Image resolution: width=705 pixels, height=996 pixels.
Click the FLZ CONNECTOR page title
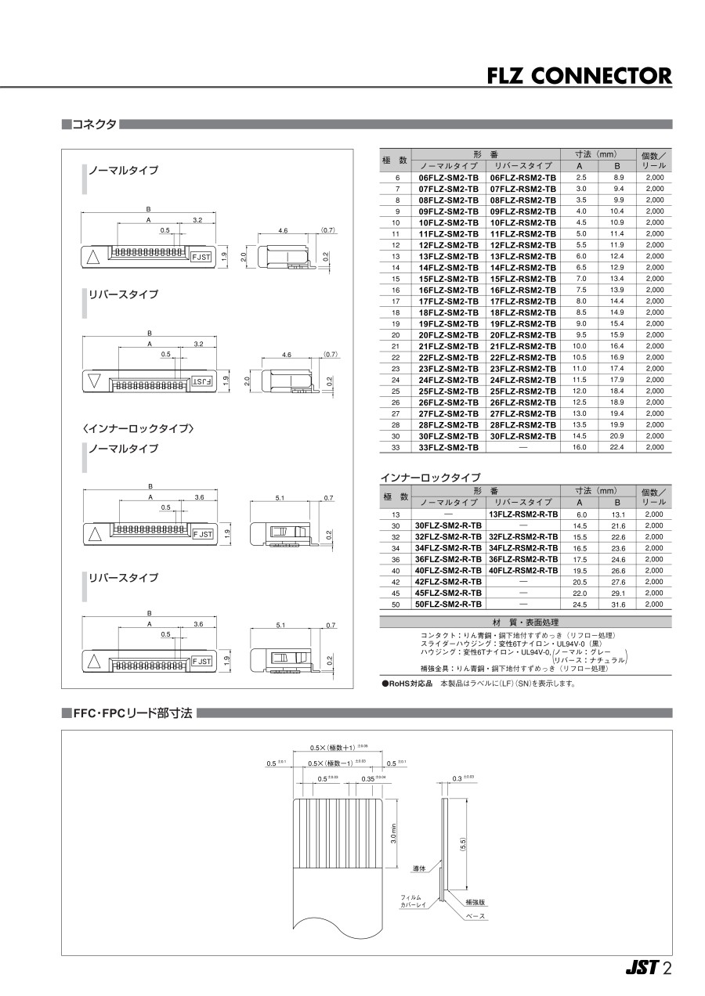pos(579,76)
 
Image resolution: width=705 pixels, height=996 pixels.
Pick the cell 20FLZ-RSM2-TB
pos(522,335)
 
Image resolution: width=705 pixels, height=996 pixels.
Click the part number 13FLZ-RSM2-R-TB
pos(522,514)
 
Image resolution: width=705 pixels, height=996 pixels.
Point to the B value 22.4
pos(617,447)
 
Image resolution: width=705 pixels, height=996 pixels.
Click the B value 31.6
pos(617,604)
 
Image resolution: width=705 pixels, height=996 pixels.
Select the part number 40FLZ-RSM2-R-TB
pos(522,571)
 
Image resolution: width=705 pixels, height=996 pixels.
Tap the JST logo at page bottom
pos(642,969)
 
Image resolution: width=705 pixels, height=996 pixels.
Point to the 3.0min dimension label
pos(393,833)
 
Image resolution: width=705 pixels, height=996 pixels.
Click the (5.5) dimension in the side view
pos(464,844)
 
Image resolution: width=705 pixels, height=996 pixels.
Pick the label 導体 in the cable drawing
pos(418,868)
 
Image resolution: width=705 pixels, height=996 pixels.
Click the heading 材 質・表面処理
pos(525,622)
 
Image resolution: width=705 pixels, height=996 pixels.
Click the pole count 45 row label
pos(396,594)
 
